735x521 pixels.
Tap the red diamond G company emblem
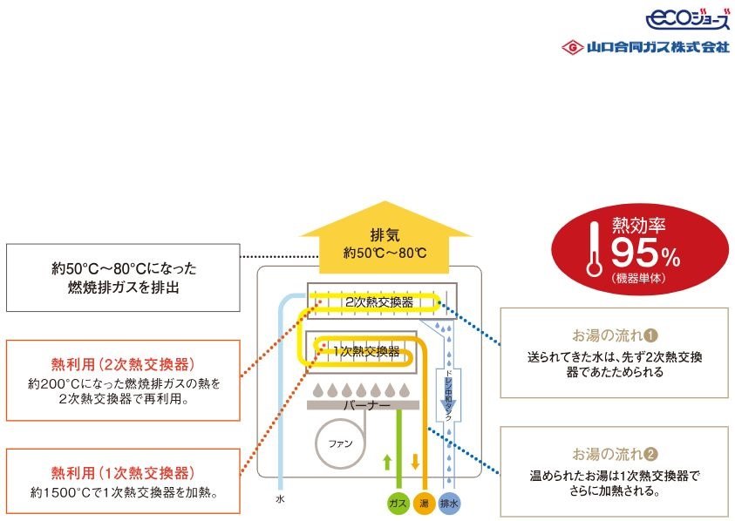[572, 47]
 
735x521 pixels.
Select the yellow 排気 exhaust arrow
[385, 238]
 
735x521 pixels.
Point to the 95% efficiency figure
[645, 253]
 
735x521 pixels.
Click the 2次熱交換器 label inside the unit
[379, 301]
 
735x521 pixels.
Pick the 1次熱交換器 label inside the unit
[366, 350]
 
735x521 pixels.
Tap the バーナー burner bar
[363, 405]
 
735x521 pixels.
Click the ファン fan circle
[340, 443]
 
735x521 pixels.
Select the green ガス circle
[398, 504]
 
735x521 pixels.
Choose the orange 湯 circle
[424, 504]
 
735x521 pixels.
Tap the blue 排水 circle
[449, 504]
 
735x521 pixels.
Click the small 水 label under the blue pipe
[280, 499]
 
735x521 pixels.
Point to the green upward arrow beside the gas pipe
[387, 462]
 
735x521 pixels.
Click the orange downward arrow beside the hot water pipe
[415, 462]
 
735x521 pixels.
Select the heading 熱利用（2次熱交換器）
[123, 364]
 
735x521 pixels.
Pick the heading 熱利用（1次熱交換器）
[123, 473]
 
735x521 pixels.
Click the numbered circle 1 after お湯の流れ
[650, 335]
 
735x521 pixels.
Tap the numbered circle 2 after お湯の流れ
[650, 454]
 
